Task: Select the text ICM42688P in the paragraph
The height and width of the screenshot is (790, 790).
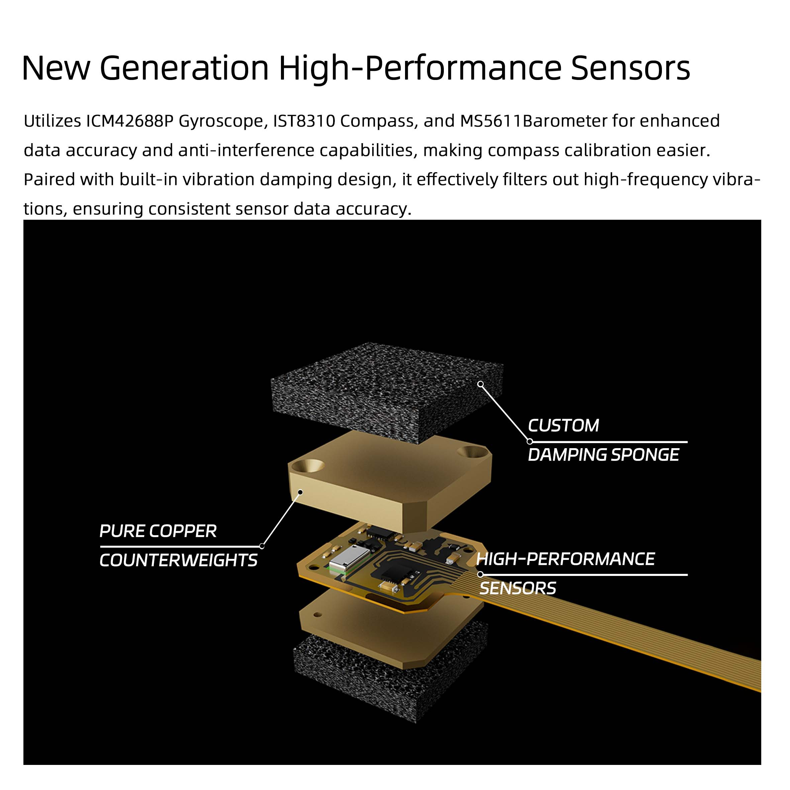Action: [130, 121]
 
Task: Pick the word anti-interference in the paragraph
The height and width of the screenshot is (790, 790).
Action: [246, 151]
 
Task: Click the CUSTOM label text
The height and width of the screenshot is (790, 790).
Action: [563, 426]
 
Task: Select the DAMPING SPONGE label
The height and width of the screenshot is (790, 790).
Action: [603, 455]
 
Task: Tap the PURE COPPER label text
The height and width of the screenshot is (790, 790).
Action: [158, 531]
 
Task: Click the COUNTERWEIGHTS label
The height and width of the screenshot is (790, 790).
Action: [178, 560]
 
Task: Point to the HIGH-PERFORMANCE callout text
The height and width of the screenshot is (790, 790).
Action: [566, 559]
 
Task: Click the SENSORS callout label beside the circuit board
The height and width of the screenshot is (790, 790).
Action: [517, 588]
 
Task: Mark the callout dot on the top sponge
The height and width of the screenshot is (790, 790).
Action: [481, 384]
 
